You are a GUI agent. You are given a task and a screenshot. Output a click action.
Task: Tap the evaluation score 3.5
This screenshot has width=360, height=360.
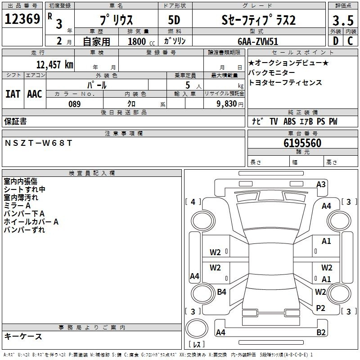click(x=342, y=20)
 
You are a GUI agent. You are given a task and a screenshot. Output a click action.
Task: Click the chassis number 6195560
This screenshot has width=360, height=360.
click(x=302, y=143)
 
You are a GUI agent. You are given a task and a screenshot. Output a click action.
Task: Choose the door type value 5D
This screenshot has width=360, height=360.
click(x=175, y=20)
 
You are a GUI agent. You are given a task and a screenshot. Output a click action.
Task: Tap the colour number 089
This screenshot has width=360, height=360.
click(x=74, y=103)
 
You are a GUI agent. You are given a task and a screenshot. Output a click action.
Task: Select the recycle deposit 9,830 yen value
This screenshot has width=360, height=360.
click(x=224, y=103)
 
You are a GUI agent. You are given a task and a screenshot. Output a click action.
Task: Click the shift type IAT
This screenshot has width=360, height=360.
click(x=13, y=94)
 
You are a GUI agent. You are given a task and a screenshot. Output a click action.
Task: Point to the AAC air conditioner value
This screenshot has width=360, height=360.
click(x=34, y=94)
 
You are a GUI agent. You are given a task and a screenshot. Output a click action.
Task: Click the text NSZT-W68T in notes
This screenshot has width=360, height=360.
click(x=38, y=143)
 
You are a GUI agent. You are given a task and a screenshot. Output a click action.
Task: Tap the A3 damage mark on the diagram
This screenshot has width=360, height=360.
click(x=321, y=184)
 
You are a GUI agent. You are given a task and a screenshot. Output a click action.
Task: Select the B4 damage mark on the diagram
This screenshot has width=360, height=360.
click(x=221, y=292)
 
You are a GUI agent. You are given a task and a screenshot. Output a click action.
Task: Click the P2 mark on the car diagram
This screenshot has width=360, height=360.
click(x=320, y=308)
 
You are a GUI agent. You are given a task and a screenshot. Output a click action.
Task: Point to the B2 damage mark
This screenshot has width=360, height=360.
click(x=321, y=333)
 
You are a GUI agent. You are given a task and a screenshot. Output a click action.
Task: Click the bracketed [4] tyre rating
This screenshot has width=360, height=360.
click(x=193, y=202)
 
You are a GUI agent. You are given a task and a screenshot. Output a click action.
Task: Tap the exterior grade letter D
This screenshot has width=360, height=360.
click(x=335, y=41)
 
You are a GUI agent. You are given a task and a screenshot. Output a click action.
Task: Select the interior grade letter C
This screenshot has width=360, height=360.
click(x=350, y=41)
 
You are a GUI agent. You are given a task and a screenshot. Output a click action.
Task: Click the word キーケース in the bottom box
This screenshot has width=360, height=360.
click(x=23, y=336)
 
